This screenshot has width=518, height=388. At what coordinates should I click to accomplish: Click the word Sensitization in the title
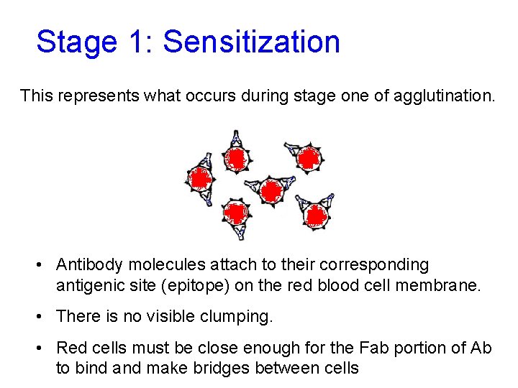tap(251, 42)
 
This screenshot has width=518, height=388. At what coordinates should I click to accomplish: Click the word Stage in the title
tap(76, 42)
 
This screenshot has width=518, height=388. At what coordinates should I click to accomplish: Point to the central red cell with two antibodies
tap(271, 191)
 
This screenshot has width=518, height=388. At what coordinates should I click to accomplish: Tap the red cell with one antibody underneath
tap(236, 213)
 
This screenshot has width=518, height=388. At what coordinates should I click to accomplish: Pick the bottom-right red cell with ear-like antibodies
tap(316, 213)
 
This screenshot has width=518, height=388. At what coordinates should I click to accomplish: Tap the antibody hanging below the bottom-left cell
tap(239, 231)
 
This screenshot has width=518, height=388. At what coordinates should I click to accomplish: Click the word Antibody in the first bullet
tap(86, 265)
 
